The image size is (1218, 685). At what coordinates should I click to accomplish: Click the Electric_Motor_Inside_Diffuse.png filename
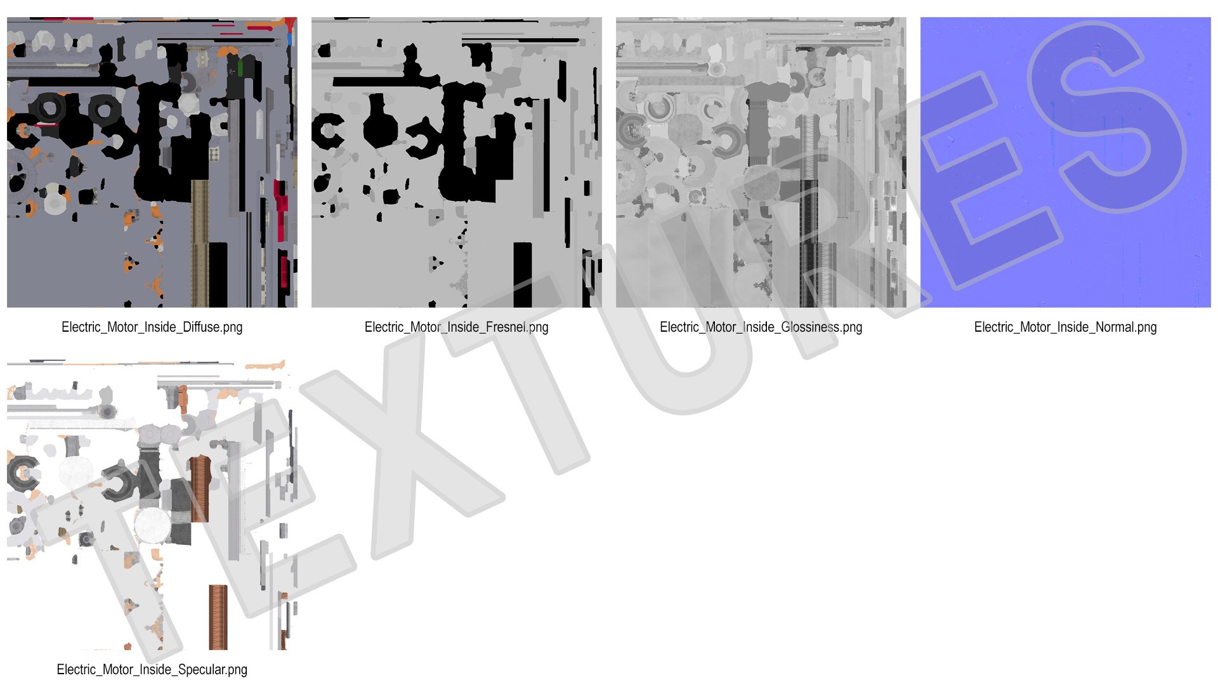pyautogui.click(x=152, y=327)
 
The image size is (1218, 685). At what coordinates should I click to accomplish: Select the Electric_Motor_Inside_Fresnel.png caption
pyautogui.click(x=456, y=327)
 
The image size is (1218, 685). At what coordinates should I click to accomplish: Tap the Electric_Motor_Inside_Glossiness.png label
pyautogui.click(x=761, y=327)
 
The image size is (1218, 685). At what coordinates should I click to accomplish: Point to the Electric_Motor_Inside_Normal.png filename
pyautogui.click(x=1065, y=327)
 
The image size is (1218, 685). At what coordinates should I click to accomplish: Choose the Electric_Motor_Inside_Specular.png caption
pyautogui.click(x=152, y=670)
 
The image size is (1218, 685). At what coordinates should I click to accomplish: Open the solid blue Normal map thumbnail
pyautogui.click(x=1066, y=162)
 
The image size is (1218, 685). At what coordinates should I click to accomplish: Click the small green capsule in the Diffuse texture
pyautogui.click(x=241, y=67)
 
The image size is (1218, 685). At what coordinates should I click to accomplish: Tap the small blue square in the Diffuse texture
pyautogui.click(x=290, y=39)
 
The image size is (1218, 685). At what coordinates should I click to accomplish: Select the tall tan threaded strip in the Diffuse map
pyautogui.click(x=200, y=244)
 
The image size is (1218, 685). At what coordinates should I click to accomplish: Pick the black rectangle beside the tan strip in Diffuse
pyautogui.click(x=218, y=274)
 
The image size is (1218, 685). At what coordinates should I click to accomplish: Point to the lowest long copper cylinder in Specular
pyautogui.click(x=218, y=617)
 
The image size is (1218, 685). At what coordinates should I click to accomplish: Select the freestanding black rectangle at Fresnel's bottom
pyautogui.click(x=523, y=275)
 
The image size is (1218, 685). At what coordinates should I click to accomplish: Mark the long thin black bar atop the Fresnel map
pyautogui.click(x=521, y=40)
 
